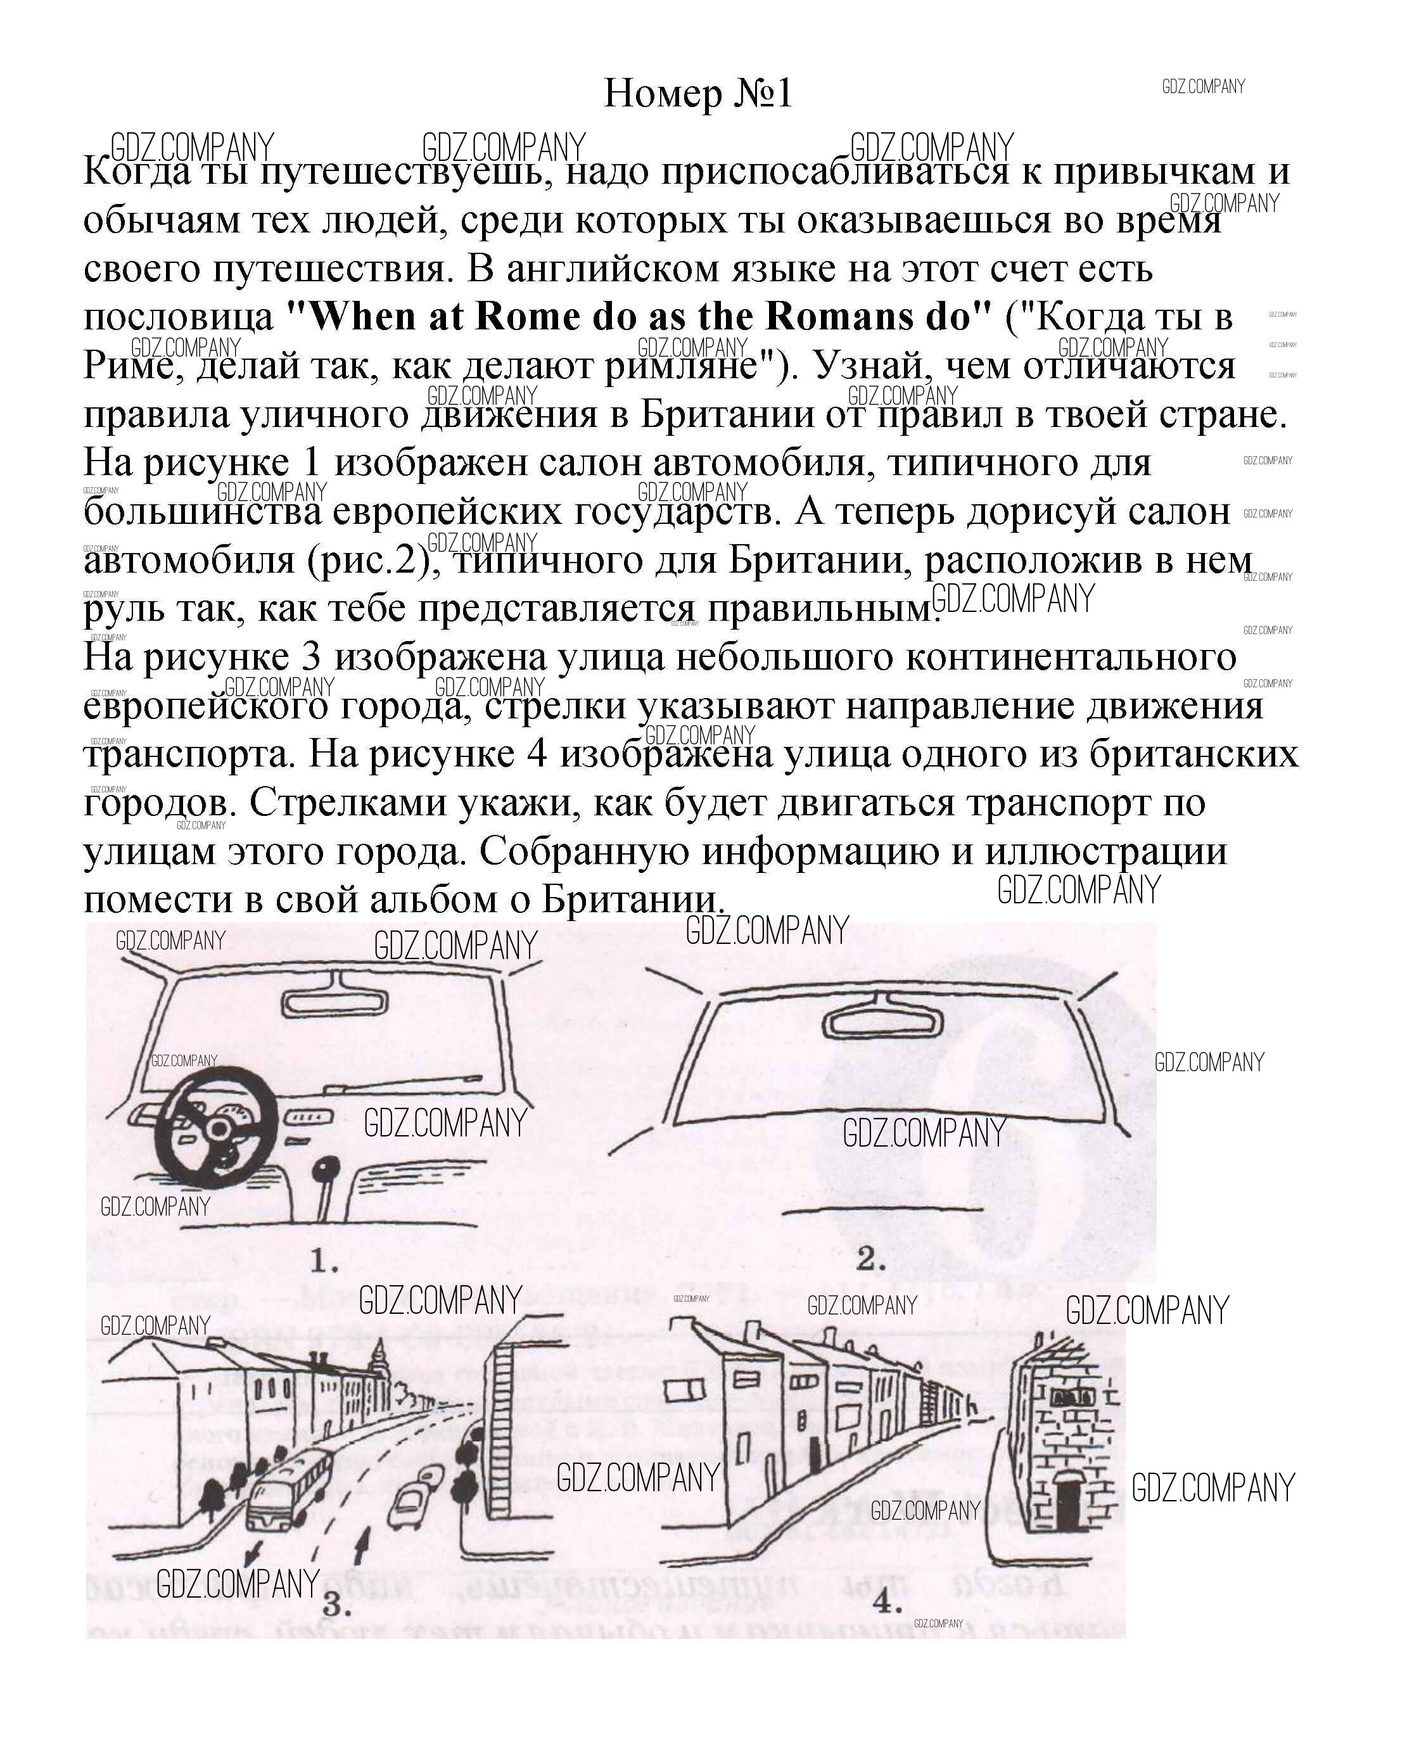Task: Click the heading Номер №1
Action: click(697, 94)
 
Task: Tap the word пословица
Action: click(178, 317)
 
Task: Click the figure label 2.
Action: click(870, 1259)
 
